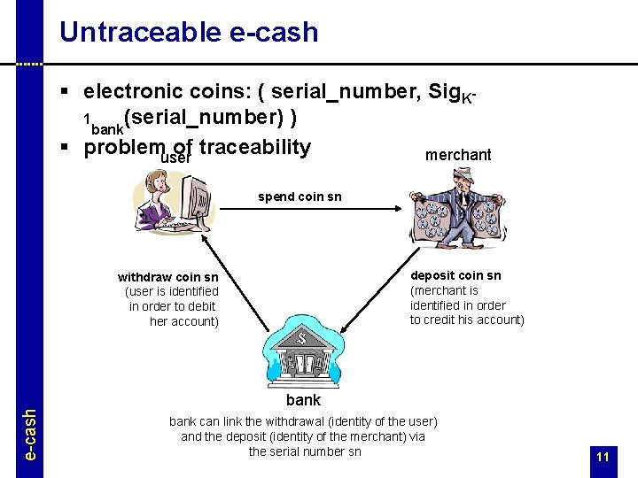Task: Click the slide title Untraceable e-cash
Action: click(x=188, y=32)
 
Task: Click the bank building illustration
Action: click(x=301, y=351)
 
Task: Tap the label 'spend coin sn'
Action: click(x=299, y=197)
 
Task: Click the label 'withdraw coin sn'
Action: click(x=167, y=277)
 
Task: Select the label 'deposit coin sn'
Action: click(x=455, y=275)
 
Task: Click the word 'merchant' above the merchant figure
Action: click(x=458, y=155)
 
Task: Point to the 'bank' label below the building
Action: click(x=303, y=400)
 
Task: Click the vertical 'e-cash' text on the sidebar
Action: click(x=29, y=434)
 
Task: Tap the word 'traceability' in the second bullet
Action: click(x=255, y=147)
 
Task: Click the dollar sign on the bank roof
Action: click(x=301, y=336)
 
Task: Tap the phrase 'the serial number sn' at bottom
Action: click(x=304, y=451)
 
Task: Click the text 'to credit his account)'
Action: click(x=467, y=320)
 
